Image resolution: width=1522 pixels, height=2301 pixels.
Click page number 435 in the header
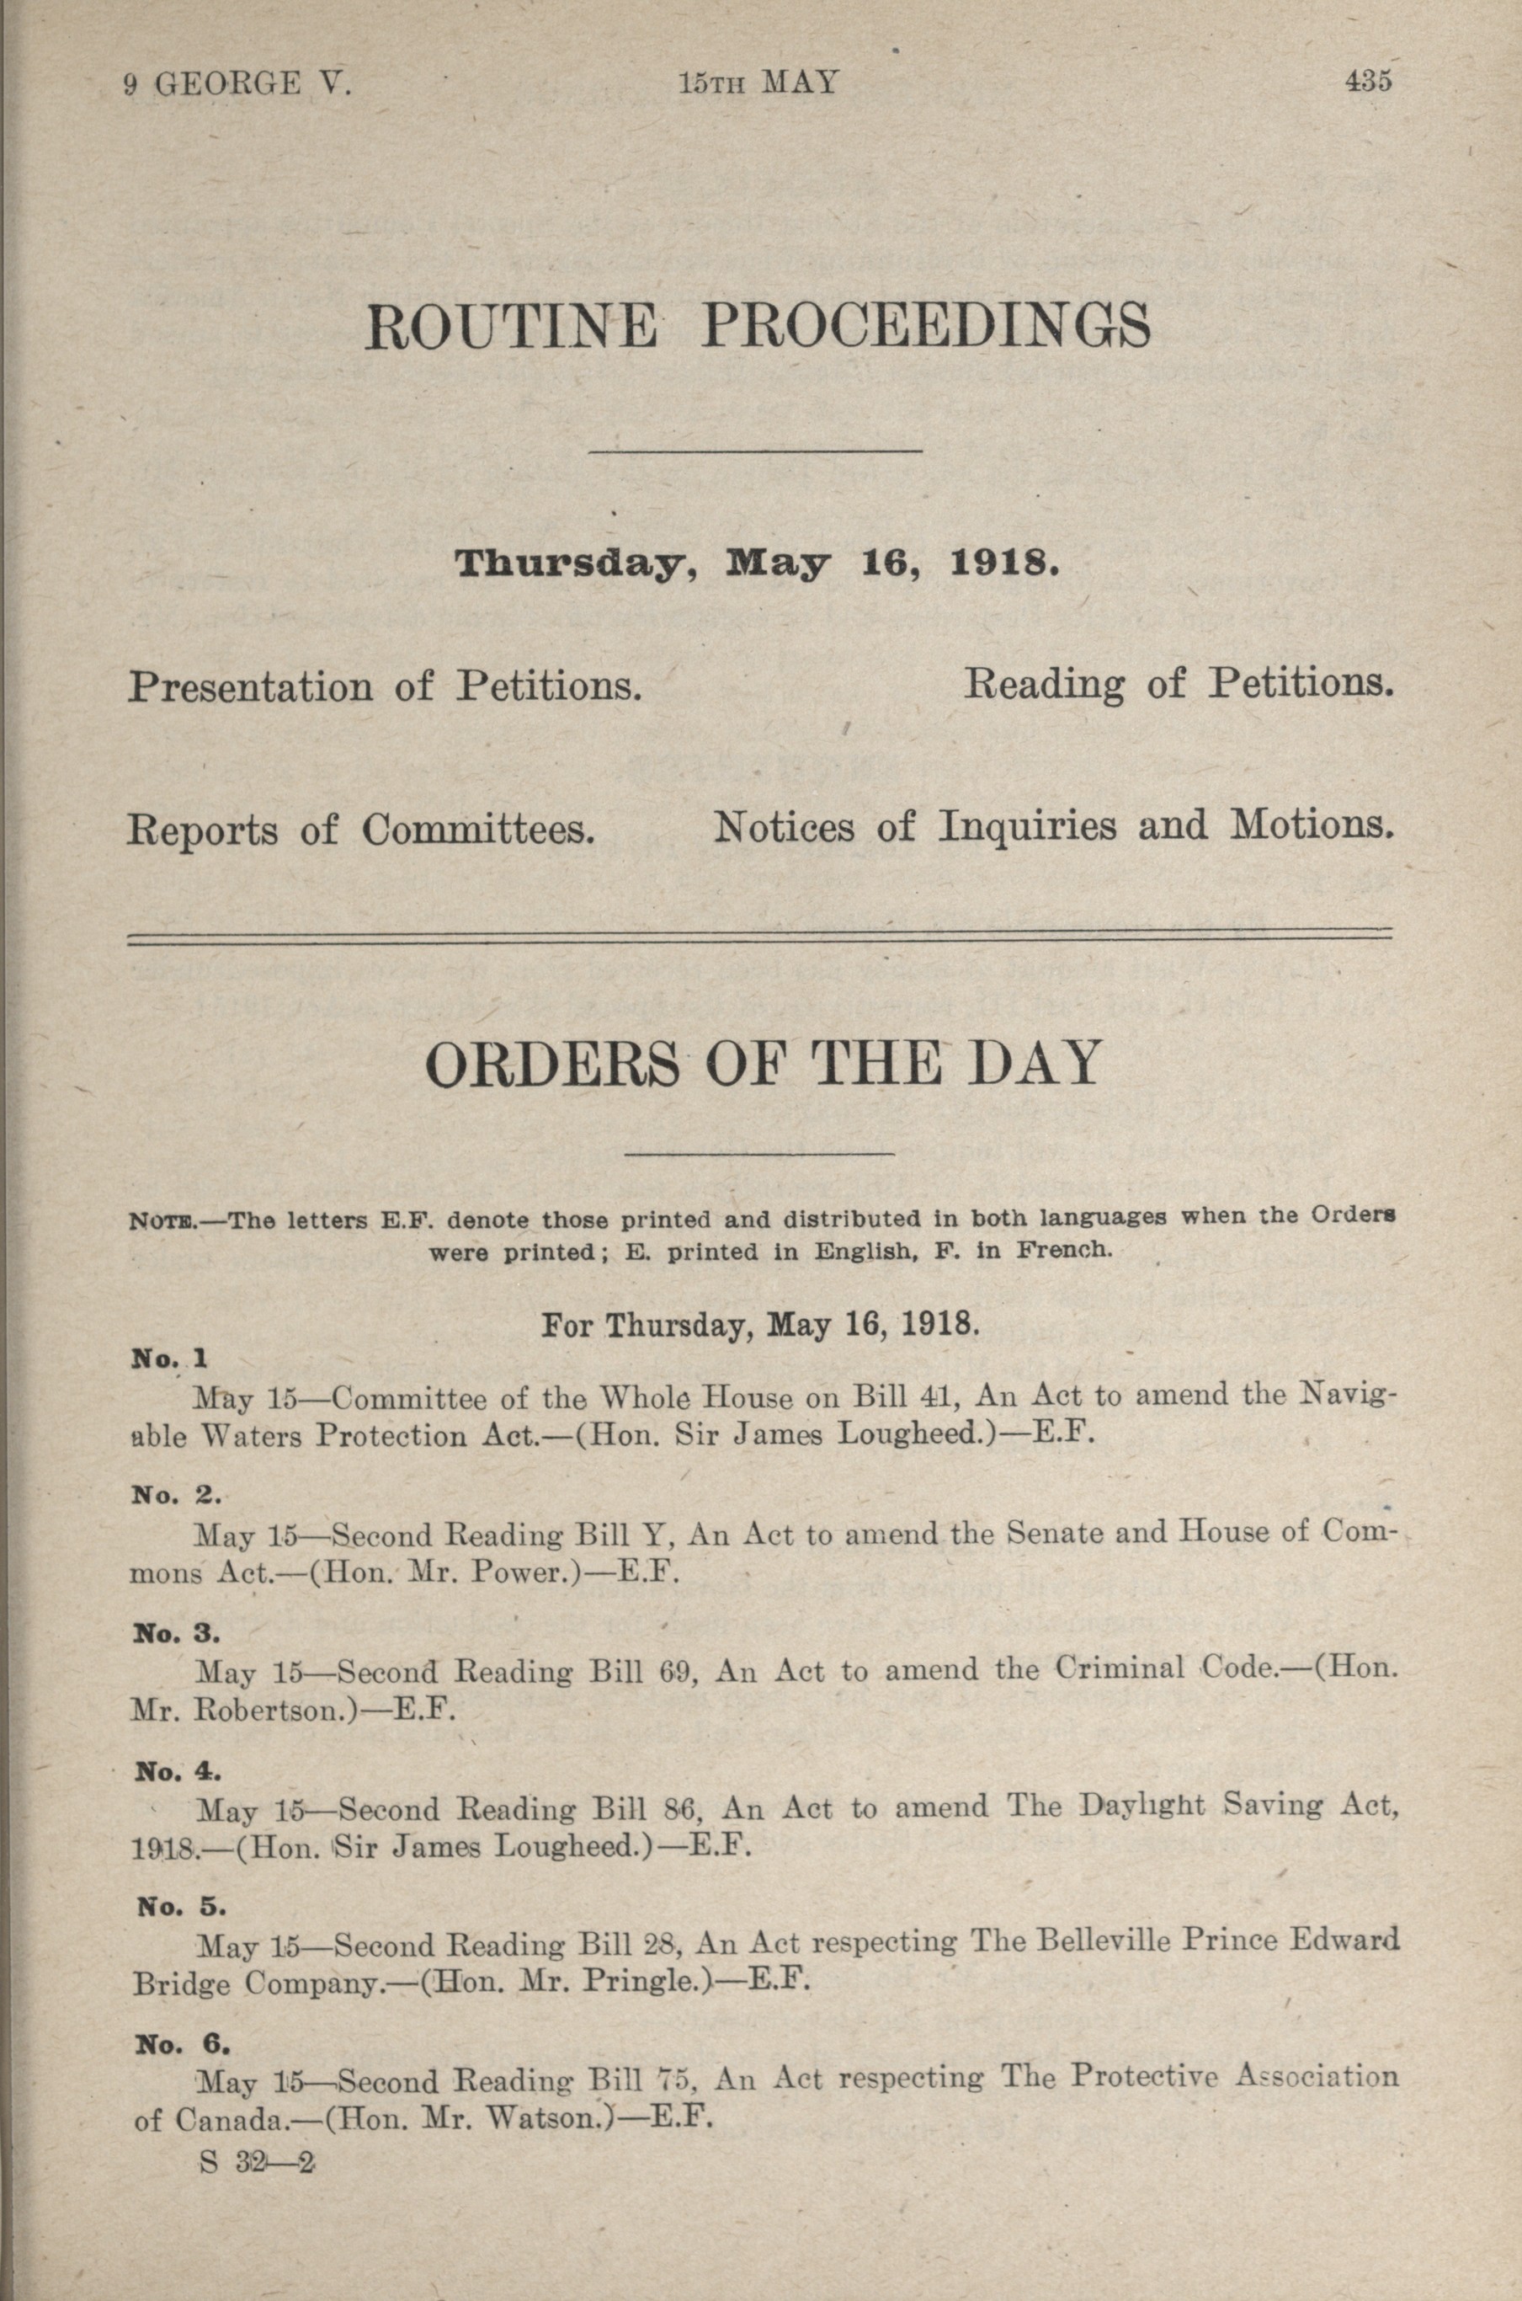tap(1368, 83)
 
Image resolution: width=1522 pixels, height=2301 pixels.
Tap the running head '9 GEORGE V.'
tap(237, 84)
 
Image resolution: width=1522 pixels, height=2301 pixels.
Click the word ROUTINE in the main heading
tap(512, 326)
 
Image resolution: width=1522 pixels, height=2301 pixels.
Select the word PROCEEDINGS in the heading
tap(927, 326)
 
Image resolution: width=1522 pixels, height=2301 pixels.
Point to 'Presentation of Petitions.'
tap(386, 687)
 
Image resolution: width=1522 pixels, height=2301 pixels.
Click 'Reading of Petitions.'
tap(1179, 685)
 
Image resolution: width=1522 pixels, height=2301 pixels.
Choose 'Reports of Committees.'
tap(360, 829)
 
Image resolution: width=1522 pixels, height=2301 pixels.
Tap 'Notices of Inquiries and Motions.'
tap(1054, 826)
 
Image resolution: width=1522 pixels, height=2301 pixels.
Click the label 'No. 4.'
tap(178, 1772)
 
